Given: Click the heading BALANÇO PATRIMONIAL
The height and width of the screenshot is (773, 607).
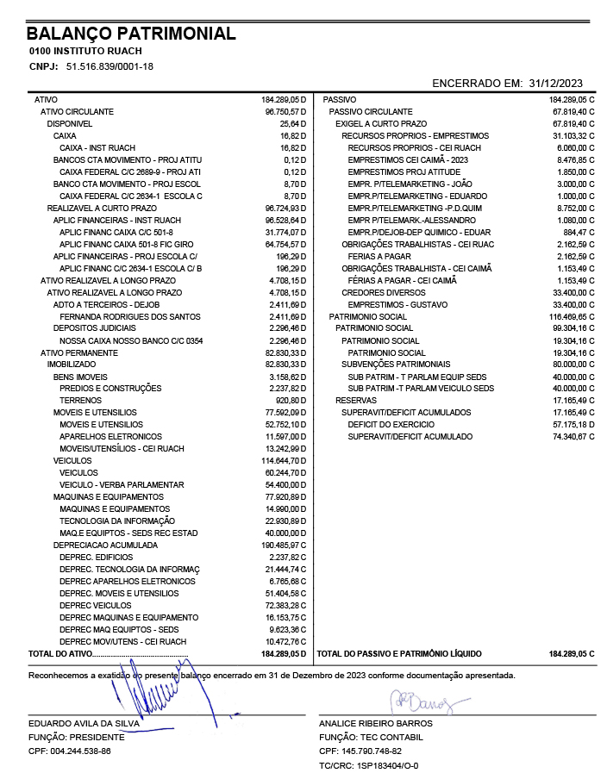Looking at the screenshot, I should click(131, 34).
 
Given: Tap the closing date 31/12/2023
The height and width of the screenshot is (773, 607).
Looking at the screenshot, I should click(556, 83).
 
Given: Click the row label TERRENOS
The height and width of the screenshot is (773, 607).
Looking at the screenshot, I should click(80, 401).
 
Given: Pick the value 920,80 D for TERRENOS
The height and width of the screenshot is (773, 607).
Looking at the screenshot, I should click(290, 401).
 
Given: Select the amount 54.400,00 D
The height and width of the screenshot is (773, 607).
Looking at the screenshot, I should click(285, 485).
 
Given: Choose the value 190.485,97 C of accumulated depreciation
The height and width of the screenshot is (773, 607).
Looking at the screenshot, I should click(284, 545).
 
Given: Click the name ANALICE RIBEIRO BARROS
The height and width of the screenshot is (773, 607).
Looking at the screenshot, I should click(376, 724).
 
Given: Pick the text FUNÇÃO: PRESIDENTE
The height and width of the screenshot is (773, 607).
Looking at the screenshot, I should click(77, 738).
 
